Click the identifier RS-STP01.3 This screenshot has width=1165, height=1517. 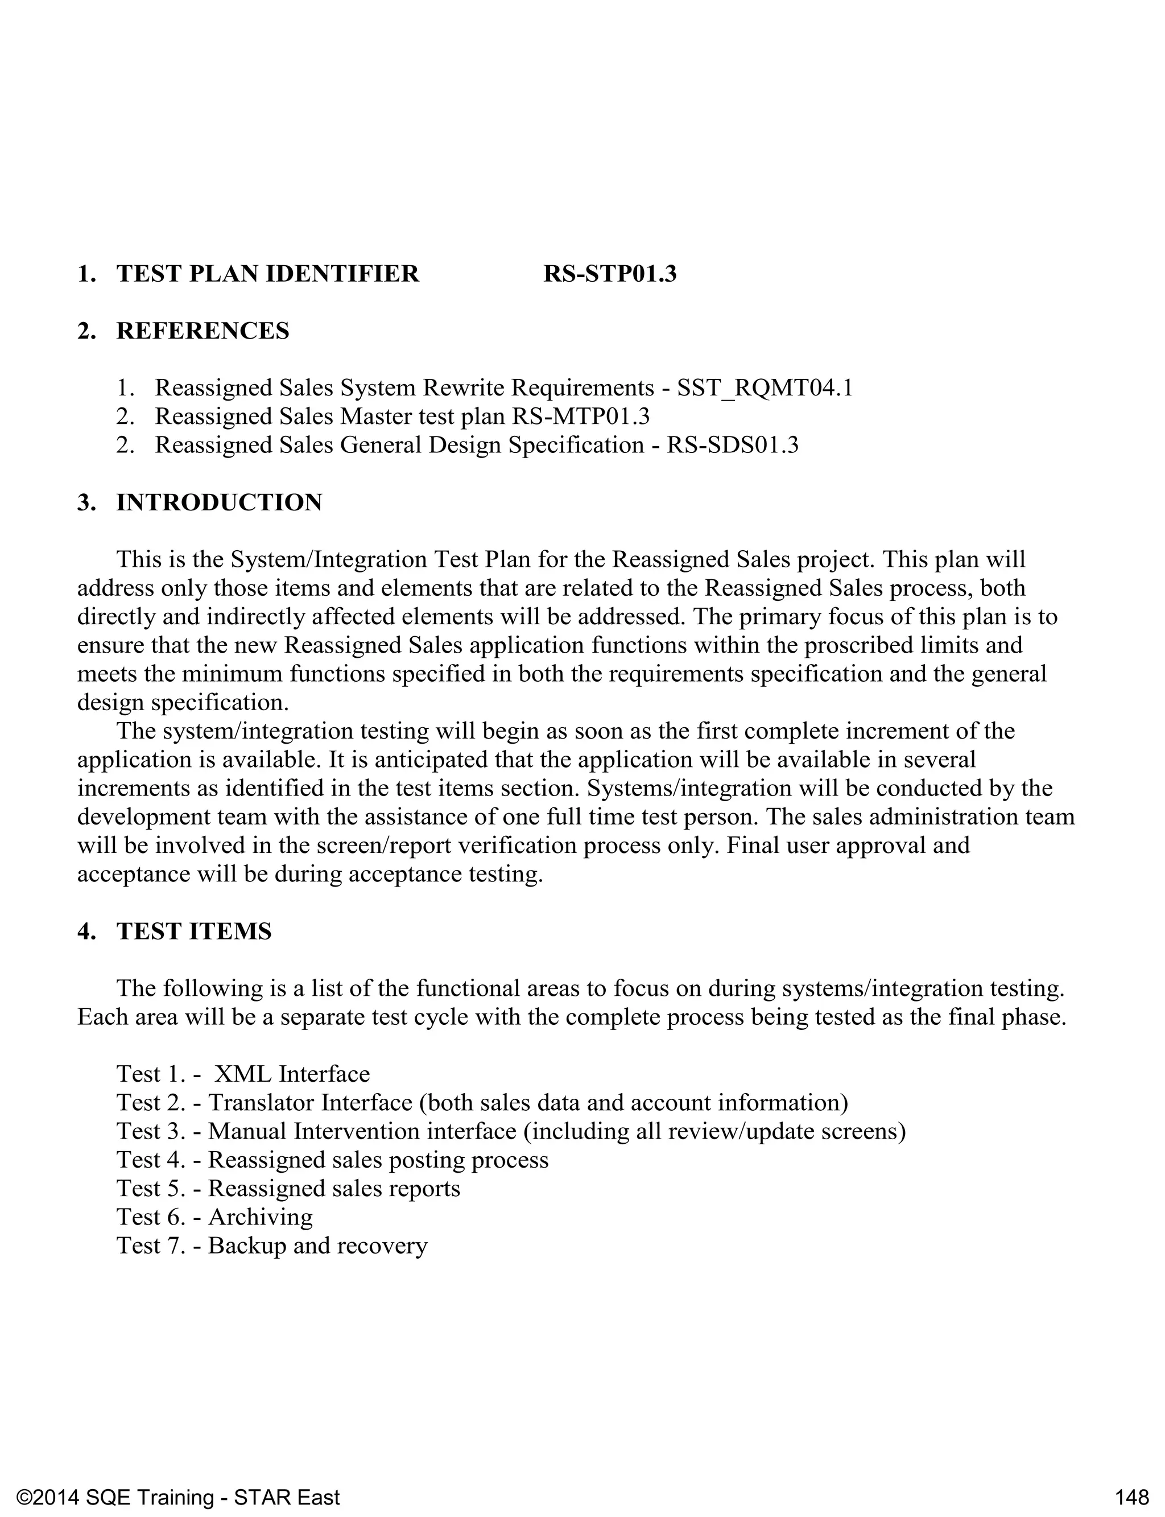point(610,274)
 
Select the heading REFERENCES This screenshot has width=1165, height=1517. point(203,331)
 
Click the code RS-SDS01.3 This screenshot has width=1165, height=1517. point(732,444)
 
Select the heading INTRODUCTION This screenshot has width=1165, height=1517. point(219,502)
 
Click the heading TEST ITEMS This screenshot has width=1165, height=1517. point(193,931)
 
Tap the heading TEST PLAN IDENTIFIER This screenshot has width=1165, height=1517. point(268,274)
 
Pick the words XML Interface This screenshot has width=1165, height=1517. point(292,1074)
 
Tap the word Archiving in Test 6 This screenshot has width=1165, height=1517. point(261,1217)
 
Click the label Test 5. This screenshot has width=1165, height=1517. point(151,1188)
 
